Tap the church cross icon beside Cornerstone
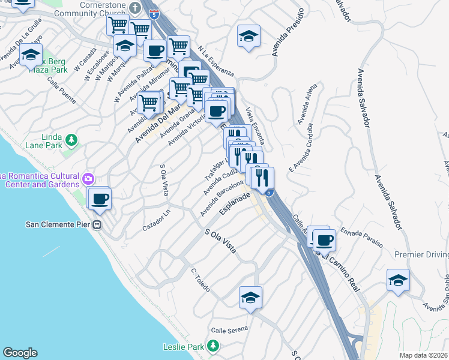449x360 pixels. [x=135, y=8]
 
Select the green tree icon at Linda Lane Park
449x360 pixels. [x=71, y=140]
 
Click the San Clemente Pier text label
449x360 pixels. [x=58, y=225]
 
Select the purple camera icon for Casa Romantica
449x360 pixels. [x=88, y=178]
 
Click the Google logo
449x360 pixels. [x=20, y=353]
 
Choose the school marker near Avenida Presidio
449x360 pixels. [x=249, y=37]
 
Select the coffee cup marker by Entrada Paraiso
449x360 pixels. [x=325, y=240]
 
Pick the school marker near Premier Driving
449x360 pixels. [x=398, y=280]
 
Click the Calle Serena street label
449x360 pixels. [x=228, y=331]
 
